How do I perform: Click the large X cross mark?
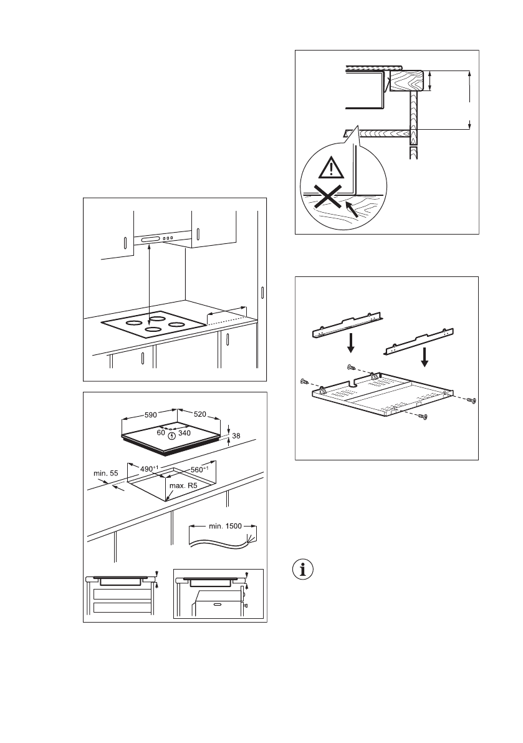coord(327,198)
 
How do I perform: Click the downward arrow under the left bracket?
coord(352,342)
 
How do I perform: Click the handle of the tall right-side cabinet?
coord(263,293)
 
